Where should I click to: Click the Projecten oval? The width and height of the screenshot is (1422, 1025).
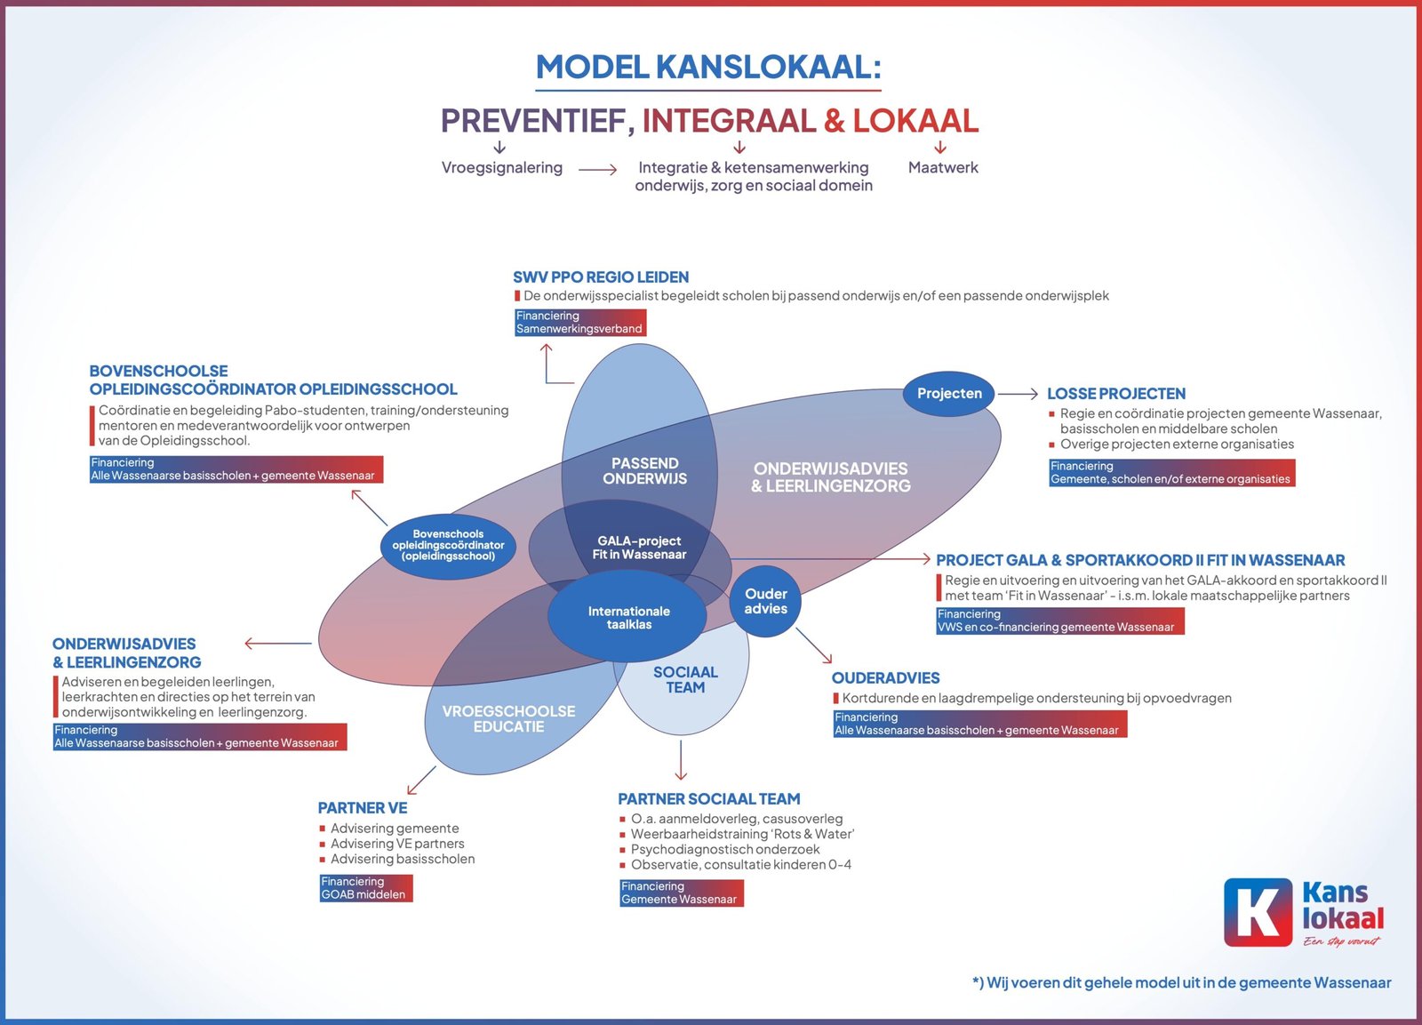[x=949, y=394]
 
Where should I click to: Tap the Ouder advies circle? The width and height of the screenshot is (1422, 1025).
[x=765, y=601]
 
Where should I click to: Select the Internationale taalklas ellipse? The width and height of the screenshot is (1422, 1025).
[x=627, y=617]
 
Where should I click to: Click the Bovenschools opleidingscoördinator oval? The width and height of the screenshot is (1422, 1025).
[x=448, y=546]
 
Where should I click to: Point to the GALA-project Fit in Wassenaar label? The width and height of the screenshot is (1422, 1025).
[x=639, y=548]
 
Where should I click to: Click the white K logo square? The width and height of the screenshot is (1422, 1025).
[x=1258, y=912]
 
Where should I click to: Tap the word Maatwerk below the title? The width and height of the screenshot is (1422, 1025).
[x=943, y=168]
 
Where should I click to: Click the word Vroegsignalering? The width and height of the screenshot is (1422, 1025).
[x=502, y=168]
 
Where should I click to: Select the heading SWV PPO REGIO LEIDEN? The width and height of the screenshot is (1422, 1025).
[x=601, y=276]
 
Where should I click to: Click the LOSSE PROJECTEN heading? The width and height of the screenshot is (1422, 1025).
[x=1116, y=394]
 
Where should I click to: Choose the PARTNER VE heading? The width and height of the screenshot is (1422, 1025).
[x=363, y=808]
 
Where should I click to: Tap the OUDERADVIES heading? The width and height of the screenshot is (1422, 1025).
[x=885, y=677]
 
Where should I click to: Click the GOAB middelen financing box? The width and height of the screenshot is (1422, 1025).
[x=366, y=888]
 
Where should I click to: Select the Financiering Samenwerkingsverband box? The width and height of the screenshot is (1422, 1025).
[x=580, y=323]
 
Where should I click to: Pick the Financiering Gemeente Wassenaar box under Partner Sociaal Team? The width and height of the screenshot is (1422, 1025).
[x=681, y=893]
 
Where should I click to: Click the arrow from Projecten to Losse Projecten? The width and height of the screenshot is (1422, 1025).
[x=1018, y=394]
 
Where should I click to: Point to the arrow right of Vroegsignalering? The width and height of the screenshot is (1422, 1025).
[x=597, y=170]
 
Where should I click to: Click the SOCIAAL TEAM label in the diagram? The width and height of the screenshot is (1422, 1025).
[x=685, y=679]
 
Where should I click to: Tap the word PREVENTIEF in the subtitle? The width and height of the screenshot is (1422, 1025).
[x=538, y=121]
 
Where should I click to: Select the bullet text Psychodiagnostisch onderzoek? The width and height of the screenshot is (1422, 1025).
[x=725, y=849]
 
